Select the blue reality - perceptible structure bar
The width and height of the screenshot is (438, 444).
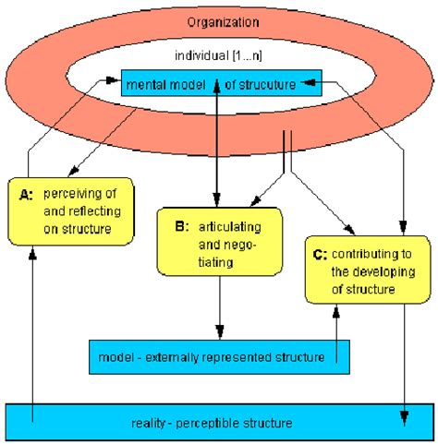tap(219, 422)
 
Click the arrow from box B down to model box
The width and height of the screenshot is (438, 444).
tap(218, 309)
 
